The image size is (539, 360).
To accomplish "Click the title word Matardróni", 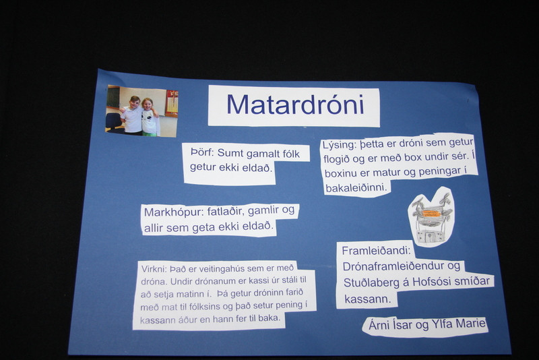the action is pos(295,104).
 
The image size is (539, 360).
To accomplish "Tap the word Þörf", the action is pos(201,152).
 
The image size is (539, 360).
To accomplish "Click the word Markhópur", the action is pos(174,212).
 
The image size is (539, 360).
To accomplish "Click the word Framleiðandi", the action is pos(376,251).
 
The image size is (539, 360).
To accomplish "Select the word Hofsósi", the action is pos(431,282).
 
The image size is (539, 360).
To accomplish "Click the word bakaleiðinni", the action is pos(356,188).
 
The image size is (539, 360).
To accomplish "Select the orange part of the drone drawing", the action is pos(431,213).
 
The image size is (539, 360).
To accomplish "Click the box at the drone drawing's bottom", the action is pos(431,237).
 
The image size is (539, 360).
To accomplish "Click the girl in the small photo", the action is pos(150,117).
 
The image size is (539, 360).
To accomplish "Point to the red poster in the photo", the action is pos(172,102).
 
